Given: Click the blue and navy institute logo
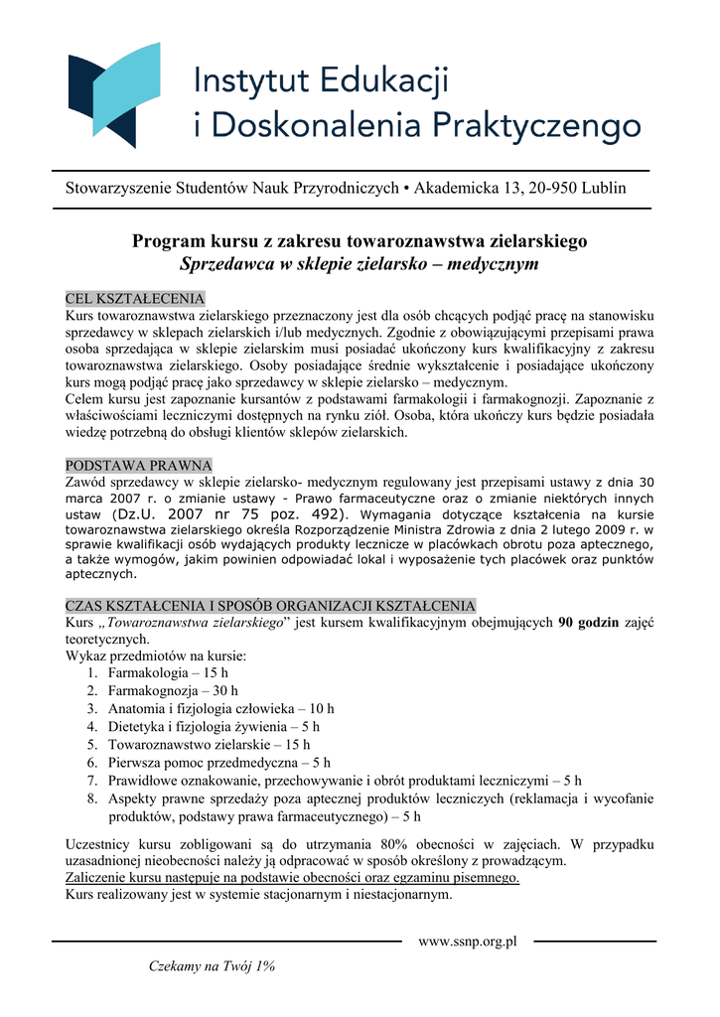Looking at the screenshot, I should [113, 94].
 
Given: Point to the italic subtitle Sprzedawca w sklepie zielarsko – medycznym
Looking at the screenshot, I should [359, 264].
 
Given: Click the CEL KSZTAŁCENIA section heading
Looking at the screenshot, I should [135, 299].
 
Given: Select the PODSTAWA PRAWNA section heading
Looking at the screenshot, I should [138, 465].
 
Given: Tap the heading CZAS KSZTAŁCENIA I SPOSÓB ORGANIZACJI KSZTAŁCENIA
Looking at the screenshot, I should [270, 606].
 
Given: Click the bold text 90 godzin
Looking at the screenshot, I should [589, 623].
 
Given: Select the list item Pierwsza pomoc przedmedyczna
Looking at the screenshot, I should [219, 762].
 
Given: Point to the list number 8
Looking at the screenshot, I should [90, 799].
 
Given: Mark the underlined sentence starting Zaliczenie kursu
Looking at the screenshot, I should [292, 878].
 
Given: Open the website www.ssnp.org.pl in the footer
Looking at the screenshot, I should [469, 941].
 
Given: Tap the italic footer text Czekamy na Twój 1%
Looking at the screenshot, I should [212, 965].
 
